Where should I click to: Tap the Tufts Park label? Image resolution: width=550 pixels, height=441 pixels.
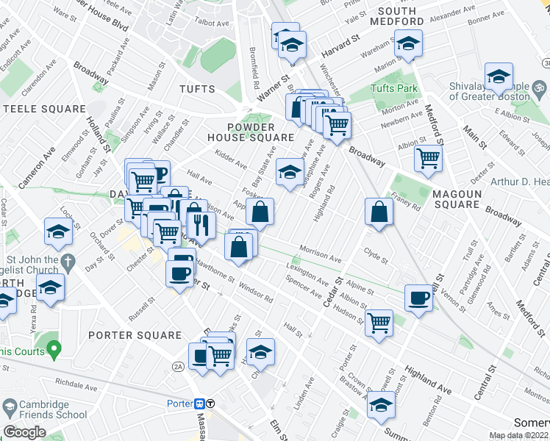(x=394, y=89)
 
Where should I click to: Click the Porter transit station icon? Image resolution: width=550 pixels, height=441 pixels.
(x=199, y=404)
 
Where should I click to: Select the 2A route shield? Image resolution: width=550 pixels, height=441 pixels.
(x=178, y=366)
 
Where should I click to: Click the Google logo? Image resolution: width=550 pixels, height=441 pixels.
(x=25, y=431)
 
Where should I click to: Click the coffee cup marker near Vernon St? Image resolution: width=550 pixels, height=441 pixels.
(x=418, y=299)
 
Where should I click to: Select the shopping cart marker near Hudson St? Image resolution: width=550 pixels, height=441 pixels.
(x=379, y=322)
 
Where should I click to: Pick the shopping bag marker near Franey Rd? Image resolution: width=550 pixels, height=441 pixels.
(x=377, y=213)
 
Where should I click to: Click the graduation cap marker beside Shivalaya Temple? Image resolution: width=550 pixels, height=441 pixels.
(x=499, y=76)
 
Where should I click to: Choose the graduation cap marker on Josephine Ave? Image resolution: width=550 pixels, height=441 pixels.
(x=290, y=173)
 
